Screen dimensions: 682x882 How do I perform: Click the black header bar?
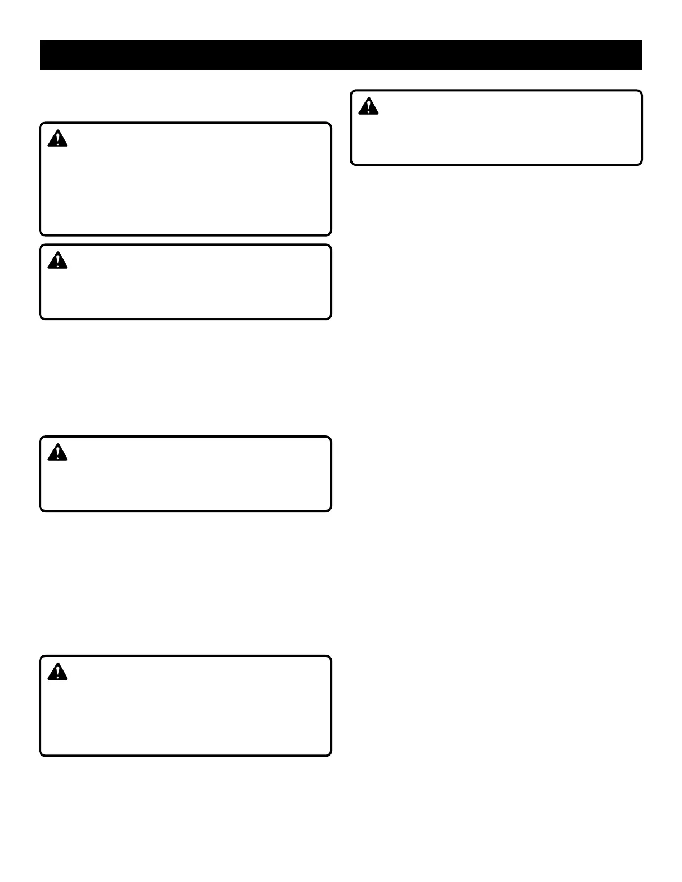[x=340, y=55]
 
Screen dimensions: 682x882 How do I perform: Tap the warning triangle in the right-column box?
[x=368, y=106]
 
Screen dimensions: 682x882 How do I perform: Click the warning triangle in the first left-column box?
[x=57, y=139]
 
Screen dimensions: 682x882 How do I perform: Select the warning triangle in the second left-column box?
[x=57, y=261]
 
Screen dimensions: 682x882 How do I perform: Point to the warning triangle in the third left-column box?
[x=57, y=453]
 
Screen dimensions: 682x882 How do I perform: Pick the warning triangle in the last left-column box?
[x=57, y=672]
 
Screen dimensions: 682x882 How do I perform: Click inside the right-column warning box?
[x=496, y=128]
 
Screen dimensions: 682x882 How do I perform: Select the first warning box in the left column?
[x=186, y=179]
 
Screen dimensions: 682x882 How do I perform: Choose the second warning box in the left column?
[x=186, y=282]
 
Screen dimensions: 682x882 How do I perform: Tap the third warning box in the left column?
[x=186, y=474]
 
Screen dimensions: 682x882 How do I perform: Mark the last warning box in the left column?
[x=186, y=706]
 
